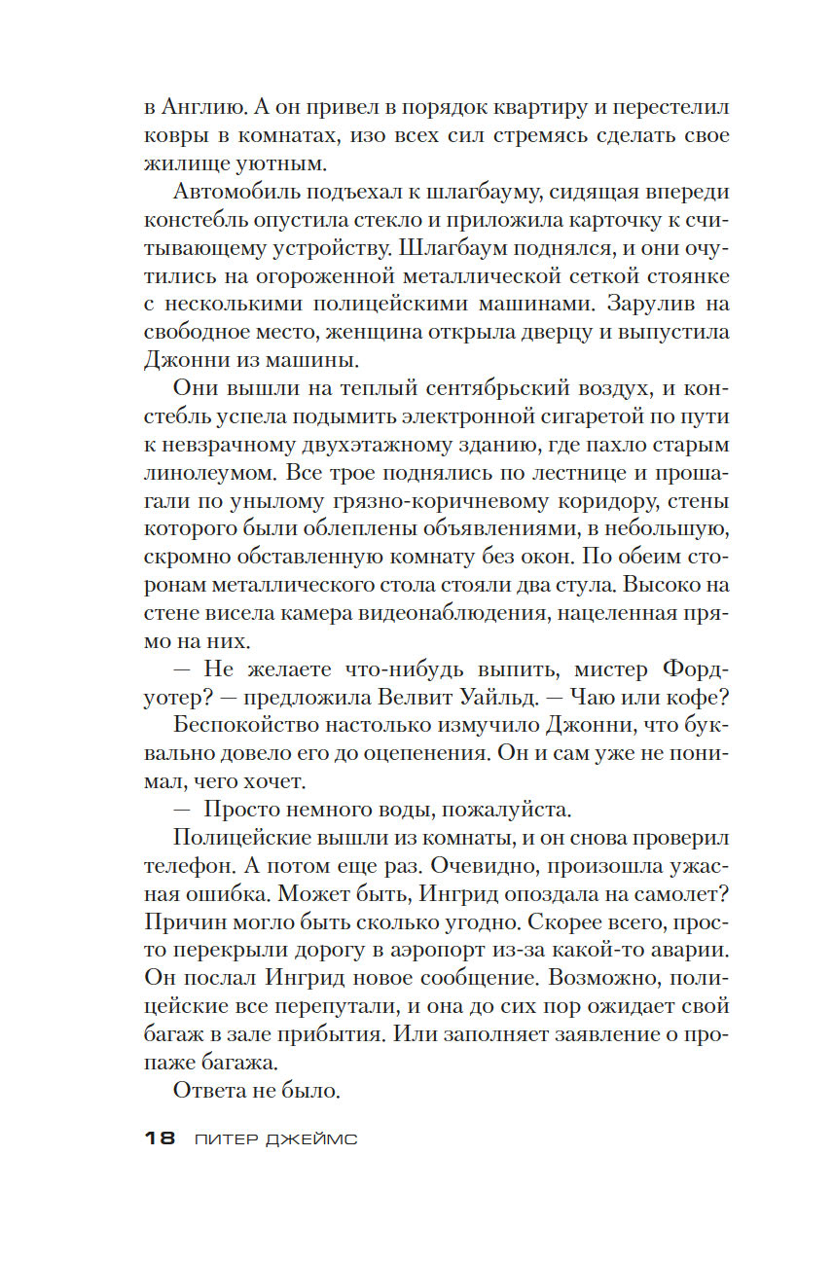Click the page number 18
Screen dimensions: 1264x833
158,1138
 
